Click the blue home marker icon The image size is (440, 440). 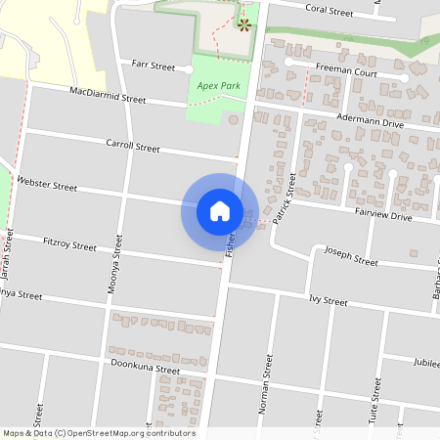(220, 210)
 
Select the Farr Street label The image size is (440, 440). (154, 67)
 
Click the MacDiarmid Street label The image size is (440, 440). (108, 96)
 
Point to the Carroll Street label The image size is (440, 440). (132, 147)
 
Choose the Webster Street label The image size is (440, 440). (48, 184)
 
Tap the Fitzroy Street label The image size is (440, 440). (70, 242)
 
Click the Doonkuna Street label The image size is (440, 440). (146, 369)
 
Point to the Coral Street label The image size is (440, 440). (329, 12)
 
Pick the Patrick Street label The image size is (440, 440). (285, 197)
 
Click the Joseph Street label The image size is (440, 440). (351, 260)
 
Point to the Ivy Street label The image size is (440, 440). (328, 299)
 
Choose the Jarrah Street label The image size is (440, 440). (9, 250)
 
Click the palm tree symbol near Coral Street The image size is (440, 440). (244, 22)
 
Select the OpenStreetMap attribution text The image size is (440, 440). (99, 433)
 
